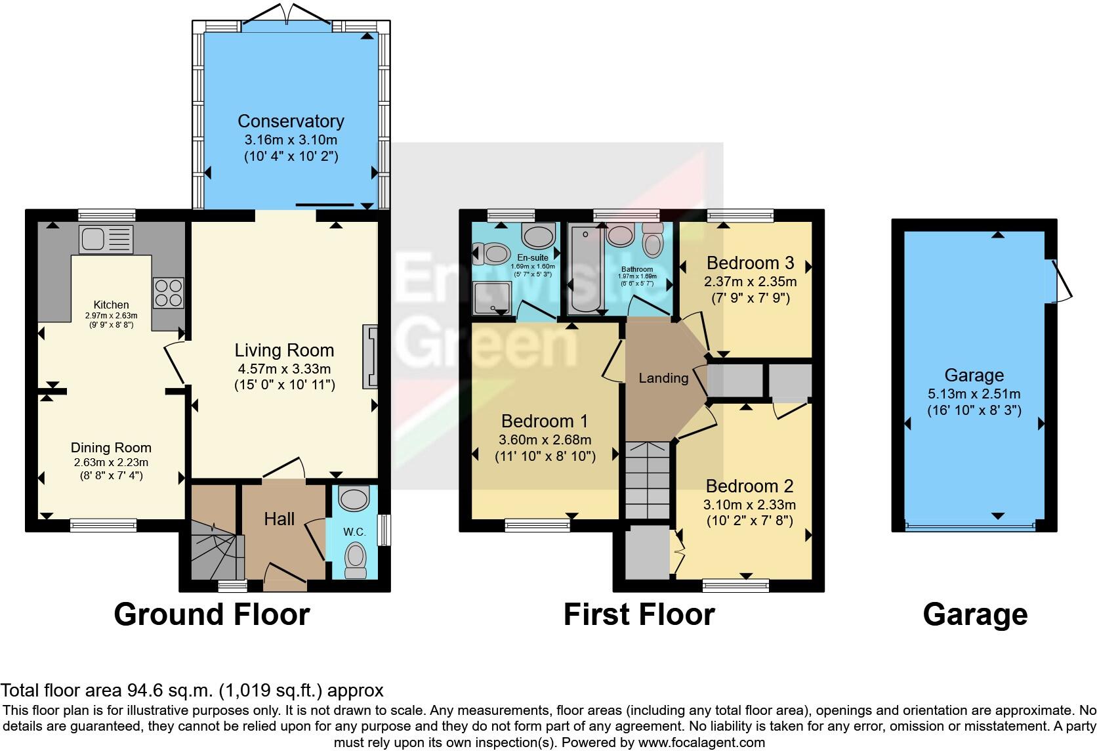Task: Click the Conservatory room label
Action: pos(290,121)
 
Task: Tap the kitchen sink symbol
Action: pos(105,239)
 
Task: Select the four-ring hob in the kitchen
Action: pos(168,292)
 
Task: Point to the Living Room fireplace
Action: pos(371,358)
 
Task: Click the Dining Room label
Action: pos(111,448)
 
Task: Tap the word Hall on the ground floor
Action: pos(279,519)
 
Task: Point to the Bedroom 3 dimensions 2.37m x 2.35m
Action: pos(750,282)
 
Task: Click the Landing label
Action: pos(663,378)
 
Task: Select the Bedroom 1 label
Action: pos(544,421)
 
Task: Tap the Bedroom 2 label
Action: pos(749,486)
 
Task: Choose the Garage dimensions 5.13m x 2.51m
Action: pos(974,394)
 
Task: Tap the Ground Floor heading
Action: pos(211,615)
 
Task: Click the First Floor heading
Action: pos(638,615)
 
